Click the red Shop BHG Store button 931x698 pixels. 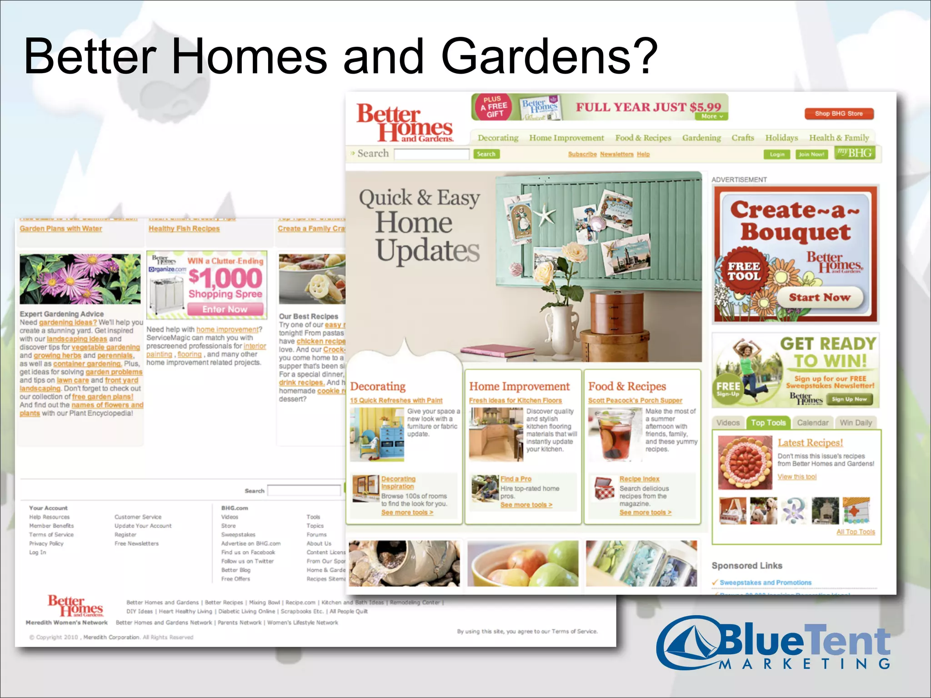coord(839,114)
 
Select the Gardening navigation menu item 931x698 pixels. coord(701,138)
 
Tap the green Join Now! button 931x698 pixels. coord(811,155)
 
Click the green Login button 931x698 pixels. coord(777,155)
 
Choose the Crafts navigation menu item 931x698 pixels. coord(743,138)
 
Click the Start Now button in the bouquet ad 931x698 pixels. coord(820,298)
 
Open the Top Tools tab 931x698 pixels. coord(768,423)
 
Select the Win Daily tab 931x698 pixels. coord(856,423)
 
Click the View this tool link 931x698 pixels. coord(797,477)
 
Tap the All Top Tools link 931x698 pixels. coord(856,532)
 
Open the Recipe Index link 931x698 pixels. coord(639,479)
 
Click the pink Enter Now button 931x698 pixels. coord(225,309)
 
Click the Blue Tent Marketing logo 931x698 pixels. coord(773,643)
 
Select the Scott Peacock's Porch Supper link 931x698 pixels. coord(635,400)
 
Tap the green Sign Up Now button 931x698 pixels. coord(849,399)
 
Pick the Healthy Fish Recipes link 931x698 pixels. coord(184,229)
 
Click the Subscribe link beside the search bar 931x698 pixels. coord(582,155)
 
